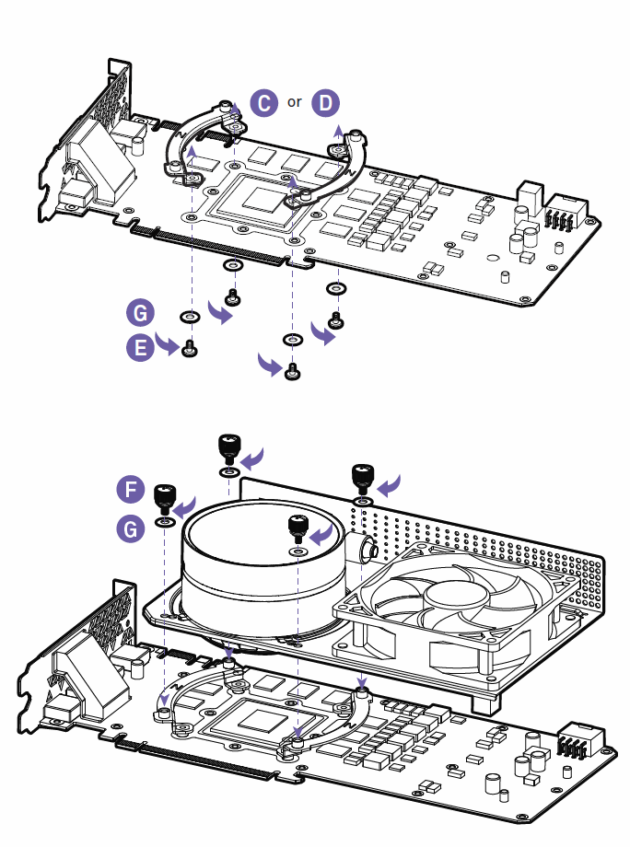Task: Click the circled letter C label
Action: click(x=264, y=101)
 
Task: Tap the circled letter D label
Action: click(x=325, y=102)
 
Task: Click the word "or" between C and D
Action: click(x=295, y=102)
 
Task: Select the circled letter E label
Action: click(x=139, y=347)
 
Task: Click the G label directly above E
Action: click(x=139, y=314)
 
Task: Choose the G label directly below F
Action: click(x=131, y=528)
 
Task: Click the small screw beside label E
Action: click(x=190, y=349)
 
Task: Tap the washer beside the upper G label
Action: click(x=190, y=318)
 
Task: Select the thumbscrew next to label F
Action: click(x=164, y=497)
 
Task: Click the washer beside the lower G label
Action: click(x=165, y=522)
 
